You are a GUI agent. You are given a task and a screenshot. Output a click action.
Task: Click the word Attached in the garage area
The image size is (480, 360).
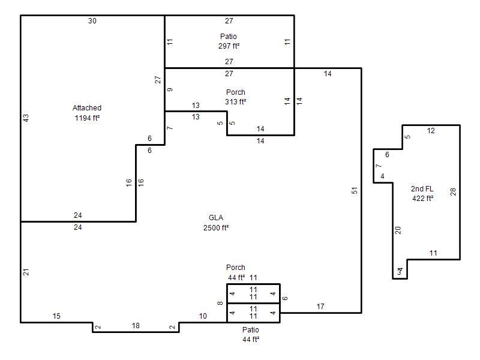point(87,108)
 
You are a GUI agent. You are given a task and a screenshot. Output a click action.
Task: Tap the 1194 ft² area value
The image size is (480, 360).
point(86,118)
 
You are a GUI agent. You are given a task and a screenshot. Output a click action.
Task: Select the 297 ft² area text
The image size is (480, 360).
point(229,46)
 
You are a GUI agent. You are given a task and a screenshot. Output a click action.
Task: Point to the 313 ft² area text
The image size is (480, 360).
point(236,102)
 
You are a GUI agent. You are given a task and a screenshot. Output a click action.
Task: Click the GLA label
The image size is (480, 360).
point(217,218)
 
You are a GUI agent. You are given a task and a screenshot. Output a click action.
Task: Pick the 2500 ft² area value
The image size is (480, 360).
point(216,227)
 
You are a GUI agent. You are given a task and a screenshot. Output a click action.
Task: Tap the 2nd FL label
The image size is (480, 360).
point(422,189)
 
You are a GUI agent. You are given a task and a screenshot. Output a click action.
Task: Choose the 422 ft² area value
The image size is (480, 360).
point(422,199)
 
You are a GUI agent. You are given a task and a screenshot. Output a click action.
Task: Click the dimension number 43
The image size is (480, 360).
point(26,118)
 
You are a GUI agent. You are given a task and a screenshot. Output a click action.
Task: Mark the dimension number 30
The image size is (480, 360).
point(92,21)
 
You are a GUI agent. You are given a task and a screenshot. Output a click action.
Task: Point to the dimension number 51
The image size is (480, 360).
point(355,191)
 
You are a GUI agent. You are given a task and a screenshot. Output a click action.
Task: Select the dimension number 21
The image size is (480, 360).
point(26,272)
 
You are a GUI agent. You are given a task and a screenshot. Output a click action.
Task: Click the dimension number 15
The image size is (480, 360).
point(56,316)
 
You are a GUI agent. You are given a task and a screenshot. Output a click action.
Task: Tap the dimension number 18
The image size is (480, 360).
point(136,326)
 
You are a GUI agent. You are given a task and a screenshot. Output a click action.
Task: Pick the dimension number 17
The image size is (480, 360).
point(320,307)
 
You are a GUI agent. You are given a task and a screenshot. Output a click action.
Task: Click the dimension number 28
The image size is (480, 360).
point(454,192)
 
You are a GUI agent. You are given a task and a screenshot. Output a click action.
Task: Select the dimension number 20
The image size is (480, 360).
point(398,230)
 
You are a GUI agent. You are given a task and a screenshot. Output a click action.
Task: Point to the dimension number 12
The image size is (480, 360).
point(431,131)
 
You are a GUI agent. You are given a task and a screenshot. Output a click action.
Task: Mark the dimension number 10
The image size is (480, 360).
point(203,316)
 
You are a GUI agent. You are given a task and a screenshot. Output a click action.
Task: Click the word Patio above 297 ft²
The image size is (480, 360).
point(229,37)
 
